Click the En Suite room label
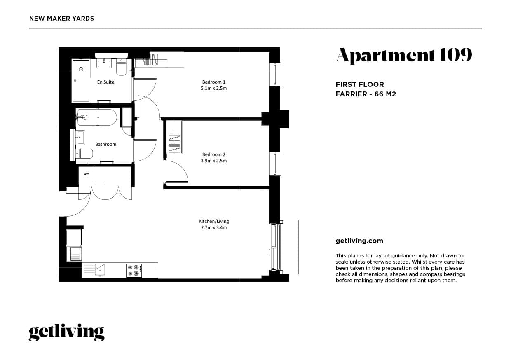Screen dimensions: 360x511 (x=105, y=82)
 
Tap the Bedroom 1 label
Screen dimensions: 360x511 (x=213, y=82)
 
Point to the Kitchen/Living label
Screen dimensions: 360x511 (x=213, y=221)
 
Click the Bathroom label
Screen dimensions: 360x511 (x=105, y=144)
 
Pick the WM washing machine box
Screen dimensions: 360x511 (x=87, y=174)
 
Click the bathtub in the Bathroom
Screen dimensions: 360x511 (x=97, y=117)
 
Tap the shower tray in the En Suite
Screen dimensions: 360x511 (x=81, y=80)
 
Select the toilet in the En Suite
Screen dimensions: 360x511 (x=121, y=67)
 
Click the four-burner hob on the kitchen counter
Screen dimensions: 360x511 (x=134, y=270)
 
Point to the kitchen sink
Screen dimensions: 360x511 (x=99, y=270)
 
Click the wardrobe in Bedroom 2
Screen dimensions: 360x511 (x=173, y=137)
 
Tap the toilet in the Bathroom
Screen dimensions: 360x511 (x=84, y=154)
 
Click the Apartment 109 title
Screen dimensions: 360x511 (x=404, y=55)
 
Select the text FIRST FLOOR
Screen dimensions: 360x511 (x=360, y=84)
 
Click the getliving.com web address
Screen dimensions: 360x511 (x=359, y=241)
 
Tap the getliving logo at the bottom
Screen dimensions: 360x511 (x=66, y=332)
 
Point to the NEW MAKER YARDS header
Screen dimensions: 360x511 (x=62, y=19)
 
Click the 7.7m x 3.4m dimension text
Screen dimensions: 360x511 (x=213, y=227)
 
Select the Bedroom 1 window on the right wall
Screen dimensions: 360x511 (x=275, y=74)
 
